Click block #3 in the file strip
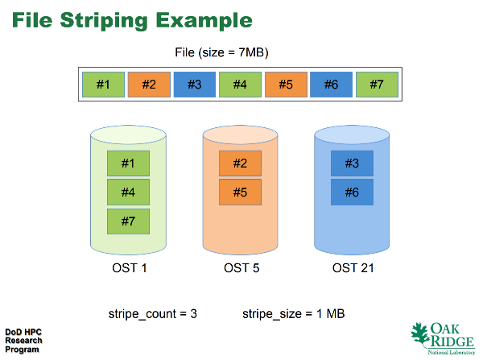pyautogui.click(x=195, y=85)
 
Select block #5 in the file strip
pyautogui.click(x=286, y=85)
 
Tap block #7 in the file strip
pyautogui.click(x=377, y=85)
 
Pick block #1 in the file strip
pyautogui.click(x=104, y=85)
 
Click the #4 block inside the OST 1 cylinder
pyautogui.click(x=129, y=192)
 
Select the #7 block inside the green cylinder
pyautogui.click(x=129, y=221)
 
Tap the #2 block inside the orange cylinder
pyautogui.click(x=240, y=163)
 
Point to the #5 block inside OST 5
pyautogui.click(x=240, y=192)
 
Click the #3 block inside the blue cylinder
pyautogui.click(x=352, y=163)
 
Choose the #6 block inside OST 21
pyautogui.click(x=352, y=192)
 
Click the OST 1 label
pyautogui.click(x=130, y=268)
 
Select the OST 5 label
pyautogui.click(x=242, y=268)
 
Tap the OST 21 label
pyautogui.click(x=353, y=268)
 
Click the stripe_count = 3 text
pyautogui.click(x=152, y=314)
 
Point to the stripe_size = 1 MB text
pyautogui.click(x=294, y=314)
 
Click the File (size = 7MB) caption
pyautogui.click(x=222, y=52)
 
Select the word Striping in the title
pyautogui.click(x=104, y=21)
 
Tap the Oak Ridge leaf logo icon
pyautogui.click(x=420, y=334)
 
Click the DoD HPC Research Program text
pyautogui.click(x=23, y=341)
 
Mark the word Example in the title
pyautogui.click(x=204, y=21)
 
